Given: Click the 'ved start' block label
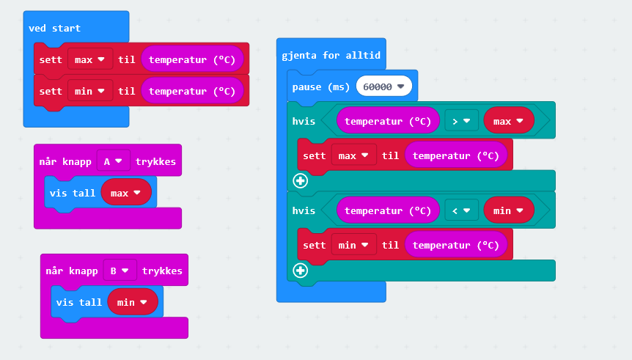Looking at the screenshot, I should [54, 28].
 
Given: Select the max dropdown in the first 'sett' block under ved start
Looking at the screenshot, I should [89, 59].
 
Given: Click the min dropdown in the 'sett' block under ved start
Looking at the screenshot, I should [89, 91].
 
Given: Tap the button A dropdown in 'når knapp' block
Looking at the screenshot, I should [113, 161].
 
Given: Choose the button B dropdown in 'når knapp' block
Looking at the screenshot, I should [120, 271].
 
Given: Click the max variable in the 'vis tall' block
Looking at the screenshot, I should [125, 193].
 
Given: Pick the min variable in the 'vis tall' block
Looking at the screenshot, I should [132, 301].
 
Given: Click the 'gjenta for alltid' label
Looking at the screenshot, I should [331, 55].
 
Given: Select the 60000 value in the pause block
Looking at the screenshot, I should [383, 87].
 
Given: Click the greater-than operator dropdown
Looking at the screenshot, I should [461, 121].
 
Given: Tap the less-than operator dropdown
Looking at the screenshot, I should [461, 210].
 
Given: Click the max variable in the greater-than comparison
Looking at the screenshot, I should [508, 121].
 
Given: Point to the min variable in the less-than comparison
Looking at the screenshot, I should [508, 210].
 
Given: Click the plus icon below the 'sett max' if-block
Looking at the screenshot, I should [300, 180].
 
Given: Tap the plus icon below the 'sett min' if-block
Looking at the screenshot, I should [300, 270].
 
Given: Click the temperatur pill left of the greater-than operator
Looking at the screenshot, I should [387, 121].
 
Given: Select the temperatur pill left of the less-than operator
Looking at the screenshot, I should [387, 210].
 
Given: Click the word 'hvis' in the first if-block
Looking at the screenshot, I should [304, 121].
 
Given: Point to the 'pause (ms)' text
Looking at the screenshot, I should [321, 87].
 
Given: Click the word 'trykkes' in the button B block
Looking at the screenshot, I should [162, 271].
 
